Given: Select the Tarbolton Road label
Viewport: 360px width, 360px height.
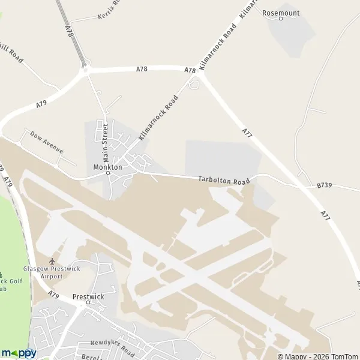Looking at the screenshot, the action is click(x=224, y=180).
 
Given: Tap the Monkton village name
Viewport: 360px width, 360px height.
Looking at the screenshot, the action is click(x=108, y=167).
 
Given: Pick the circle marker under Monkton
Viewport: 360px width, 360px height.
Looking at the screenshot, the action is click(x=108, y=173).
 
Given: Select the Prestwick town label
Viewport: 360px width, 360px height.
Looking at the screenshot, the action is click(x=88, y=296).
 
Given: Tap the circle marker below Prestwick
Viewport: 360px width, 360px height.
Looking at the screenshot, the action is click(x=88, y=302).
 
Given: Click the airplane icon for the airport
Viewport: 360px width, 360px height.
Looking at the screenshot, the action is click(x=52, y=261).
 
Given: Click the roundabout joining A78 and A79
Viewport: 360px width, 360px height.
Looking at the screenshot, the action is click(x=85, y=70).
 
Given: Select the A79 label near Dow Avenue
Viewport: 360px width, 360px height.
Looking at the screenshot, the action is click(x=41, y=104).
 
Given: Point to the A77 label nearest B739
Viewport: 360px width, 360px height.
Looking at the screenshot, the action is click(x=325, y=213).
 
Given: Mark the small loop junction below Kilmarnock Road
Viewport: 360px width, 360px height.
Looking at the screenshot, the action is click(x=193, y=85).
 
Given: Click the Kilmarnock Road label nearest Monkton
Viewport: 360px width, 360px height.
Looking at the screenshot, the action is click(x=159, y=117).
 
